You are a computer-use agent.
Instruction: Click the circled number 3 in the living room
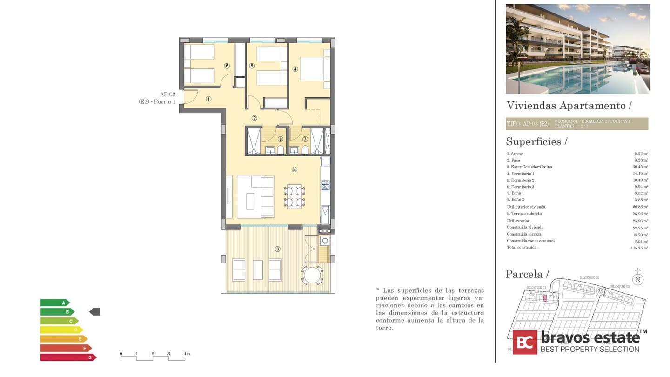[x=295, y=169]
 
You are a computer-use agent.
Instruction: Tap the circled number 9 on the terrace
[x=278, y=249]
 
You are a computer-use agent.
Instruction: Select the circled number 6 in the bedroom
[x=227, y=66]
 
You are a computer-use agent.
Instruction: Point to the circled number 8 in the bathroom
[x=280, y=139]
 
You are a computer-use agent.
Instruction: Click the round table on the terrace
[x=312, y=274]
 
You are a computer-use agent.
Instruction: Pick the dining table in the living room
[x=295, y=196]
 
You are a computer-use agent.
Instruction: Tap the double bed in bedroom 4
[x=314, y=69]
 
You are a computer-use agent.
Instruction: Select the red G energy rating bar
[x=68, y=357]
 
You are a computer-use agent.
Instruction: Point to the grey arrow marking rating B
[x=94, y=312]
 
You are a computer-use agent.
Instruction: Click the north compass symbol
[x=638, y=279]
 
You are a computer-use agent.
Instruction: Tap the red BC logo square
[x=525, y=342]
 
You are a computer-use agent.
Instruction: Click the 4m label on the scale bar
[x=187, y=354]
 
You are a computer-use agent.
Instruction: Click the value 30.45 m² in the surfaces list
[x=641, y=167]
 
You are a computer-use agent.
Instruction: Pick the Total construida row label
[x=522, y=248]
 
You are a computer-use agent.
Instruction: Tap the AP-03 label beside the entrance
[x=167, y=94]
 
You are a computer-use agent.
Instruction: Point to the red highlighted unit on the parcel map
[x=545, y=297]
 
